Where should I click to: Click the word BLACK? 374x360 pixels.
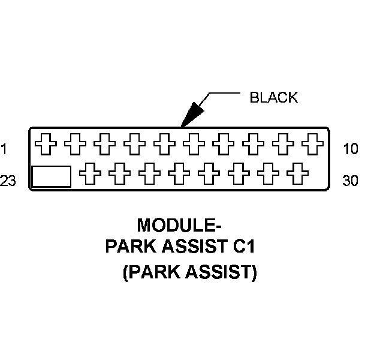pos(273,98)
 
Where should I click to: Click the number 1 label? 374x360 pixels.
pos(4,149)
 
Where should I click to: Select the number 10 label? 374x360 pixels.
pos(351,149)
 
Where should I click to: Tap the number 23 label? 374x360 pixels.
pos(8,181)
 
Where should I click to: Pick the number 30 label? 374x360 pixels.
pos(351,181)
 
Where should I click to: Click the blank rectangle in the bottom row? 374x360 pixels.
pos(51,176)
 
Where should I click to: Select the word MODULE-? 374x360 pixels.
pos(179,226)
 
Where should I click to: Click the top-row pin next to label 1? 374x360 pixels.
pos(45,144)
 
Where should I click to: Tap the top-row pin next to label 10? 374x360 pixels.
pos(312,144)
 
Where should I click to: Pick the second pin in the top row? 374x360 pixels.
pos(75,144)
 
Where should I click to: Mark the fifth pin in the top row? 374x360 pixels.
pos(164,144)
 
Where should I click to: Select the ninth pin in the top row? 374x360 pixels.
pos(282,144)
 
